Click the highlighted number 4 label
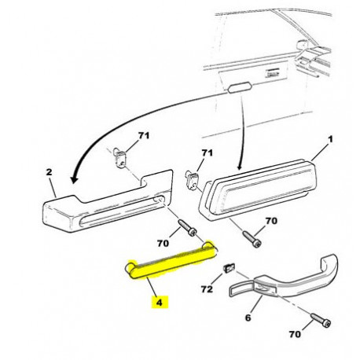point(160,303)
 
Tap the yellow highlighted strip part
point(171,261)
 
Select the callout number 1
point(331,139)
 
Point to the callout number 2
point(49,172)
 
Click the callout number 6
point(248,318)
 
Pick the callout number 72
point(207,289)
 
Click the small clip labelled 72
point(228,268)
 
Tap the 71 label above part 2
point(144,135)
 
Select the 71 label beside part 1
point(207,152)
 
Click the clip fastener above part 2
point(119,158)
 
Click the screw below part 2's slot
point(187,228)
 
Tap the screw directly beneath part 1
point(252,239)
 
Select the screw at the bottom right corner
point(321,320)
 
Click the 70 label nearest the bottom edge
point(295,334)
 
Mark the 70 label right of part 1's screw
point(271,221)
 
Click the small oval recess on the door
point(240,87)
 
